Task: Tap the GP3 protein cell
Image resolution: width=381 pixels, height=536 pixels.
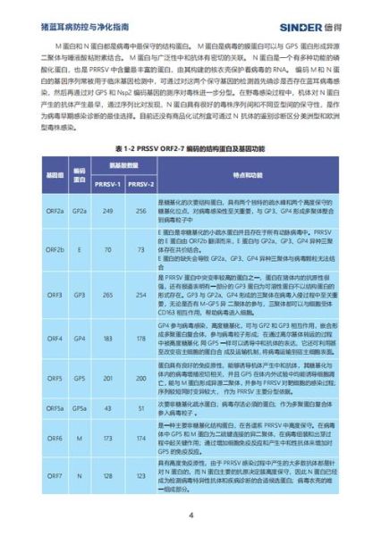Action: [79, 294]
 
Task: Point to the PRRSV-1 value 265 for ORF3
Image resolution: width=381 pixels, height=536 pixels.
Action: [106, 294]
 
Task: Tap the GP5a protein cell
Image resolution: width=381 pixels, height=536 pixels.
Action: [79, 408]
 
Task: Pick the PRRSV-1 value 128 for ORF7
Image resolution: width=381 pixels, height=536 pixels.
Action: [106, 475]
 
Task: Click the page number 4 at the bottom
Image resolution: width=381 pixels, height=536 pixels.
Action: [190, 515]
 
